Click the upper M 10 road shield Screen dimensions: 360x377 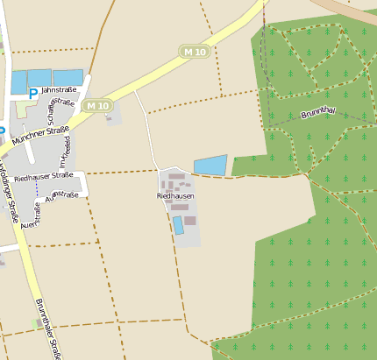195,52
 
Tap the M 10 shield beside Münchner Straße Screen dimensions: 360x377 98,106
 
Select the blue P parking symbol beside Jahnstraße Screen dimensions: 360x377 33,93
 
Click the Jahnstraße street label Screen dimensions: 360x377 60,89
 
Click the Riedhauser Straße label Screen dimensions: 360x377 43,175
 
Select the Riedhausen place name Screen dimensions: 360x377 175,196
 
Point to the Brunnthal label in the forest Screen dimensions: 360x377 318,113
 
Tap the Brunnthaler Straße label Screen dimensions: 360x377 47,328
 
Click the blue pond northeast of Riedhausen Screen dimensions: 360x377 210,165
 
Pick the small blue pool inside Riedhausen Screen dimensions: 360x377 178,225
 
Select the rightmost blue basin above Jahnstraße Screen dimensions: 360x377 68,76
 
